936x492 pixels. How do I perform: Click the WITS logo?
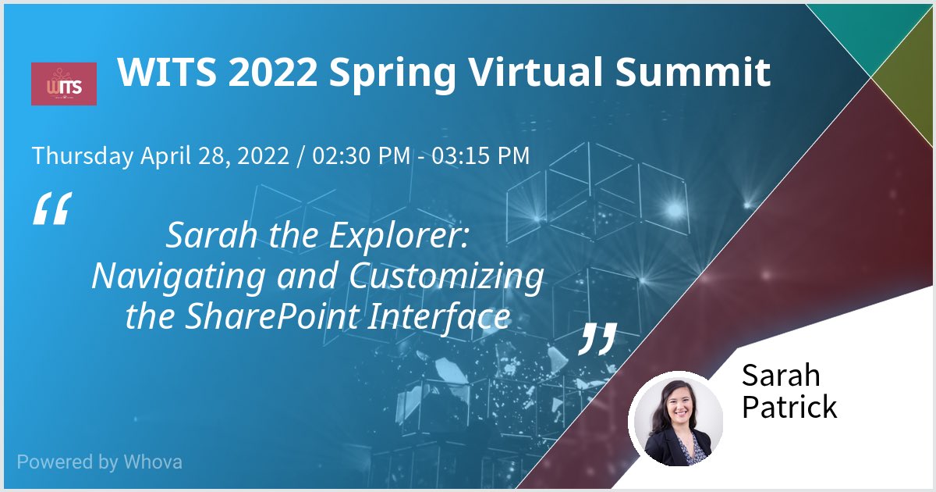pos(63,84)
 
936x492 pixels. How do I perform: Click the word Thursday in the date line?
pos(83,156)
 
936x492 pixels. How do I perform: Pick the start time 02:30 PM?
pos(361,156)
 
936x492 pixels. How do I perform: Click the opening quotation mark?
pos(51,210)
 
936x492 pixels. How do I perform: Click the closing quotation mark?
pos(597,338)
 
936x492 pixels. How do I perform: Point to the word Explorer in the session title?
pos(406,234)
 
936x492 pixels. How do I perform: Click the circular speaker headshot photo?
pos(675,419)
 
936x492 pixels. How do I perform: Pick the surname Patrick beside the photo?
pos(789,407)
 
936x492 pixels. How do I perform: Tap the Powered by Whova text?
pos(99,462)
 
